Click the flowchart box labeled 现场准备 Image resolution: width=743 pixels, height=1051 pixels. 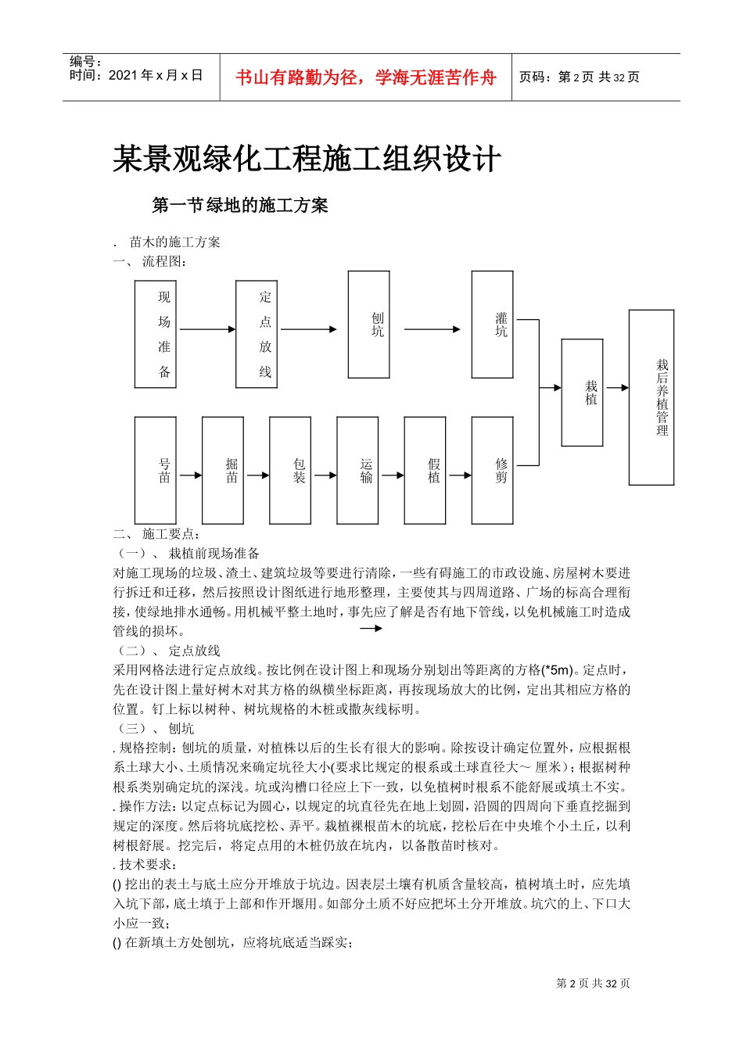(155, 335)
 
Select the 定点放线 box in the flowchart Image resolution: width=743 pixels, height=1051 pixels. (257, 335)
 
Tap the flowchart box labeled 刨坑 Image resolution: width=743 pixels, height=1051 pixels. (368, 325)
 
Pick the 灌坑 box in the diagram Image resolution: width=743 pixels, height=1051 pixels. (492, 325)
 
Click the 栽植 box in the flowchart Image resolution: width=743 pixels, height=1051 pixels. (582, 393)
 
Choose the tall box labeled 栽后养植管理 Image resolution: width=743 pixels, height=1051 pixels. (651, 397)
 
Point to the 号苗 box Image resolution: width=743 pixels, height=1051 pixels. (155, 470)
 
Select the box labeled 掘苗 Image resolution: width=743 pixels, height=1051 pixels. (222, 470)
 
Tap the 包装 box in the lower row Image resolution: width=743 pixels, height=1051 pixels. (290, 470)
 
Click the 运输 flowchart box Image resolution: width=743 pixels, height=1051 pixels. (357, 470)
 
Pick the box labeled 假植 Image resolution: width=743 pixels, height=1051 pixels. (425, 470)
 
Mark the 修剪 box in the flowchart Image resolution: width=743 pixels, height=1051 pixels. (492, 470)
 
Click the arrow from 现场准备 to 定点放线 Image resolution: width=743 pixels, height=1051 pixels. (206, 329)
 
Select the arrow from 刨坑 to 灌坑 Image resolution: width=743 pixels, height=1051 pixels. (432, 329)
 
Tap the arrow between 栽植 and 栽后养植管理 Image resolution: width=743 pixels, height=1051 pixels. (616, 388)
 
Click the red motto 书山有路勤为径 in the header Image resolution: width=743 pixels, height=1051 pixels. (366, 77)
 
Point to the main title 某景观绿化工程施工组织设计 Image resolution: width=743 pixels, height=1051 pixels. (307, 160)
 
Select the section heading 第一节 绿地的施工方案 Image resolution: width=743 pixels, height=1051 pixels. (239, 206)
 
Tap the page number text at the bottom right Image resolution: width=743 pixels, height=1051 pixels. (593, 984)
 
